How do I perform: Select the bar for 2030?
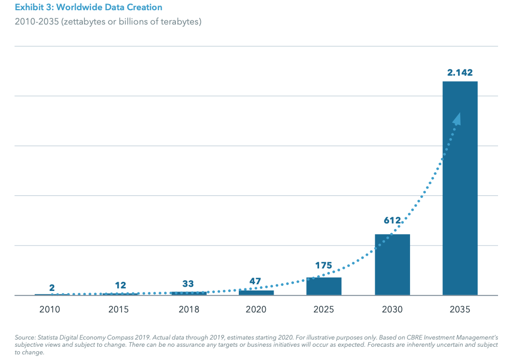click(392, 264)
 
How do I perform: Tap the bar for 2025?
click(324, 286)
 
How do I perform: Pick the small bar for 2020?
click(256, 292)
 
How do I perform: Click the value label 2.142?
click(460, 73)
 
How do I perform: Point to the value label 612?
click(392, 221)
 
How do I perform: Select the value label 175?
click(324, 265)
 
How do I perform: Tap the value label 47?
click(255, 281)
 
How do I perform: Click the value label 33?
click(188, 284)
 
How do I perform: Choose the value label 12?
click(120, 285)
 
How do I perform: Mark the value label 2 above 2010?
click(52, 288)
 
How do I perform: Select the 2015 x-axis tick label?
click(119, 310)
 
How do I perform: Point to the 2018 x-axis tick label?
click(189, 310)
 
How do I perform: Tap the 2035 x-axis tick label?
click(460, 310)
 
